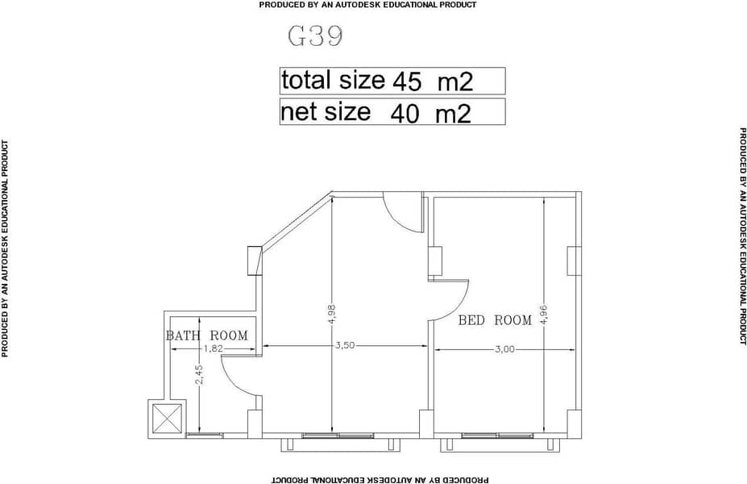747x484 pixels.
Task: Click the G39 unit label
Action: pyautogui.click(x=315, y=36)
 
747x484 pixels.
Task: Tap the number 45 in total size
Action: pyautogui.click(x=407, y=82)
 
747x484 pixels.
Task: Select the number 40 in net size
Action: pyautogui.click(x=405, y=114)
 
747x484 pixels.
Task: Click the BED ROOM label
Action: pyautogui.click(x=495, y=320)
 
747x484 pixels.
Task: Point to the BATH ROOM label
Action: pyautogui.click(x=207, y=336)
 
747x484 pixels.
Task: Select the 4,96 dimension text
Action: pyautogui.click(x=544, y=315)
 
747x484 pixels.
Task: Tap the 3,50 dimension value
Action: pyautogui.click(x=345, y=345)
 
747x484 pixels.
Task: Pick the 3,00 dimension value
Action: pyautogui.click(x=505, y=349)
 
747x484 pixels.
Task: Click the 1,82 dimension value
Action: pyautogui.click(x=213, y=348)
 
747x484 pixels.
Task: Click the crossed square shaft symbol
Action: pyautogui.click(x=166, y=419)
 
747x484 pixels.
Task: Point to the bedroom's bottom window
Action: pyautogui.click(x=497, y=436)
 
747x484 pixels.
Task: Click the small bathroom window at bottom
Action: pyautogui.click(x=204, y=435)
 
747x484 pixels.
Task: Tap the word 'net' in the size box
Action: pyautogui.click(x=297, y=112)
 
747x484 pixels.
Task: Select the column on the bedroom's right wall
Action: pyautogui.click(x=574, y=261)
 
